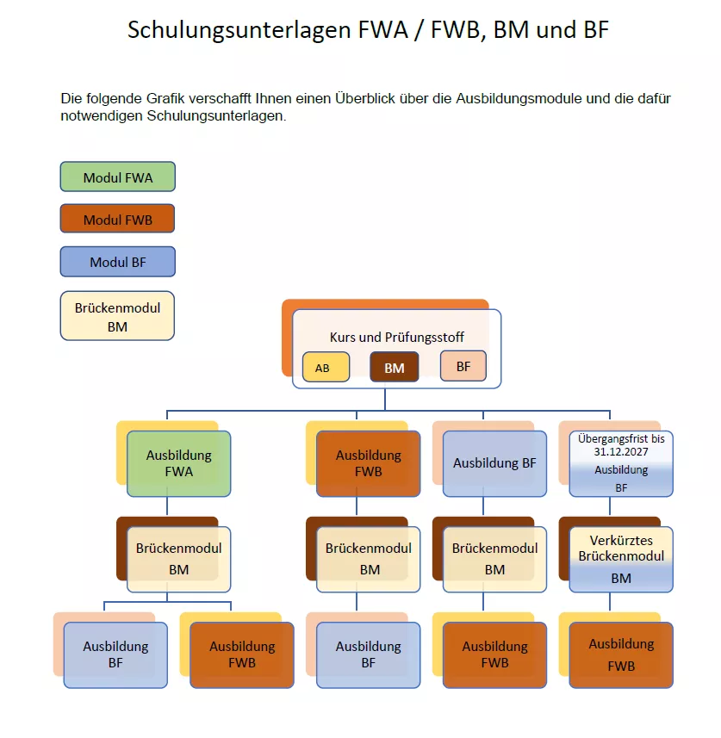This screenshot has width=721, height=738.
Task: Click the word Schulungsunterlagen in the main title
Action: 239,30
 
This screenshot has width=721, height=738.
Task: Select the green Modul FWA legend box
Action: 118,177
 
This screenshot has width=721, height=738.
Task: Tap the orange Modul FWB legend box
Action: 118,220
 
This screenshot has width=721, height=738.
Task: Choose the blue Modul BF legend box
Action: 118,262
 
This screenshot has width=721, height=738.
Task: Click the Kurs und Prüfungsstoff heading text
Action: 396,338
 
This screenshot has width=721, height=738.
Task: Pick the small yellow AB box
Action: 326,368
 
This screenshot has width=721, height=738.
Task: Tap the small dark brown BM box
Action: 395,368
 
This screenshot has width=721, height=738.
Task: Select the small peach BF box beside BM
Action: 463,366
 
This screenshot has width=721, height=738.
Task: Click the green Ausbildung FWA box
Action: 179,463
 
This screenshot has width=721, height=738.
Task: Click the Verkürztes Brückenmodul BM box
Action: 621,559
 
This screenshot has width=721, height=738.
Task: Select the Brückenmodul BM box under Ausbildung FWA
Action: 179,559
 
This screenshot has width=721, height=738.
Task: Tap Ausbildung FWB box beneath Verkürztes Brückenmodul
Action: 621,654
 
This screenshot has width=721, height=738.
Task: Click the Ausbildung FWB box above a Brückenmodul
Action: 369,463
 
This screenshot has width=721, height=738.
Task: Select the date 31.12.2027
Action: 621,450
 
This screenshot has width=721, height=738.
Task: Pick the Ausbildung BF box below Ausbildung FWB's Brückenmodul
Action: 369,654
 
